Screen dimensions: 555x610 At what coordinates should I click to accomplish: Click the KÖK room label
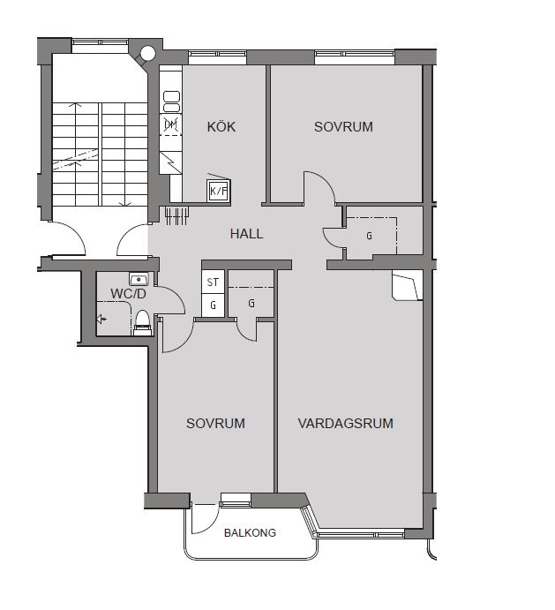pos(221,126)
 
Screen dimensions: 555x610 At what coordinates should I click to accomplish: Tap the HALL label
pos(246,234)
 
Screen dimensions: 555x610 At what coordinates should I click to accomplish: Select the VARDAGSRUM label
pos(345,423)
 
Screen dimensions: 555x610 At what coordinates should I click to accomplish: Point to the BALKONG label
pos(250,532)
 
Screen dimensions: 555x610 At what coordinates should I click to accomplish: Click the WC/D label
pos(128,294)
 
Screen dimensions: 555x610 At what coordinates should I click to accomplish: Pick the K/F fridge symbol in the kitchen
pos(218,191)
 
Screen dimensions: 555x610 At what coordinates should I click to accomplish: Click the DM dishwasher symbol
pos(171,124)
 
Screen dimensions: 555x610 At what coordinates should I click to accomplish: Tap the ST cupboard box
pos(213,282)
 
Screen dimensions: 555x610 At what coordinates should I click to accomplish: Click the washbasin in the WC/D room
pos(139,279)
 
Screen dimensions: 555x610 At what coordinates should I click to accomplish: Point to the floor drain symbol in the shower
pos(101,320)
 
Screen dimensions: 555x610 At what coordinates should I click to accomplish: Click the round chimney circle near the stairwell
pos(148,53)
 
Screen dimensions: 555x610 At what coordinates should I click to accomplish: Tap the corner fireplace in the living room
pos(407,286)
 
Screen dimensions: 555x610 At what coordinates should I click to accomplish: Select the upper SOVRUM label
pos(343,127)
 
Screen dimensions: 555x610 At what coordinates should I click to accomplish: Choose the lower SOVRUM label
pos(215,423)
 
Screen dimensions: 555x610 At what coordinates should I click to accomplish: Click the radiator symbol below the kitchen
pos(177,216)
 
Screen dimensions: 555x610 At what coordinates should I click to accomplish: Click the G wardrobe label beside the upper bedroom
pos(369,236)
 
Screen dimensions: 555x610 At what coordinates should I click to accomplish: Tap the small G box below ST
pos(213,305)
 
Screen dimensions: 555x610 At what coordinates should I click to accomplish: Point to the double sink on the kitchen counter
pos(171,102)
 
